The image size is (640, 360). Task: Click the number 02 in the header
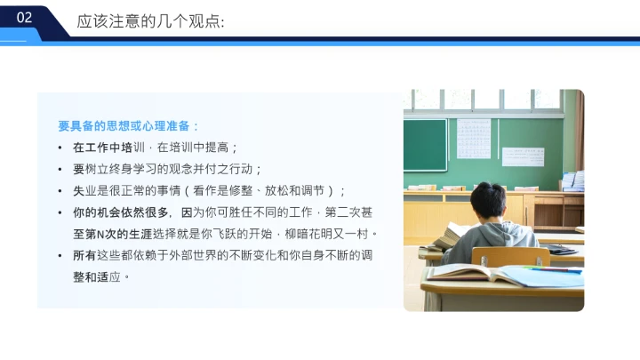coord(24,18)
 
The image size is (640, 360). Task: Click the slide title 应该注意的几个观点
coord(150,20)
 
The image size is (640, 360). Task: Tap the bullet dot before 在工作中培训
coord(60,148)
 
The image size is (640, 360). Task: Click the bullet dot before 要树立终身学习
coord(60,169)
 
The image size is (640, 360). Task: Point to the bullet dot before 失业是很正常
coord(60,191)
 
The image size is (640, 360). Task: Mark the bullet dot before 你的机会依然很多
coord(60,212)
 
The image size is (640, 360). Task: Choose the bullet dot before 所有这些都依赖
coord(60,256)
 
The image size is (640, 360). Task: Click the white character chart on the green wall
coord(474,138)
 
